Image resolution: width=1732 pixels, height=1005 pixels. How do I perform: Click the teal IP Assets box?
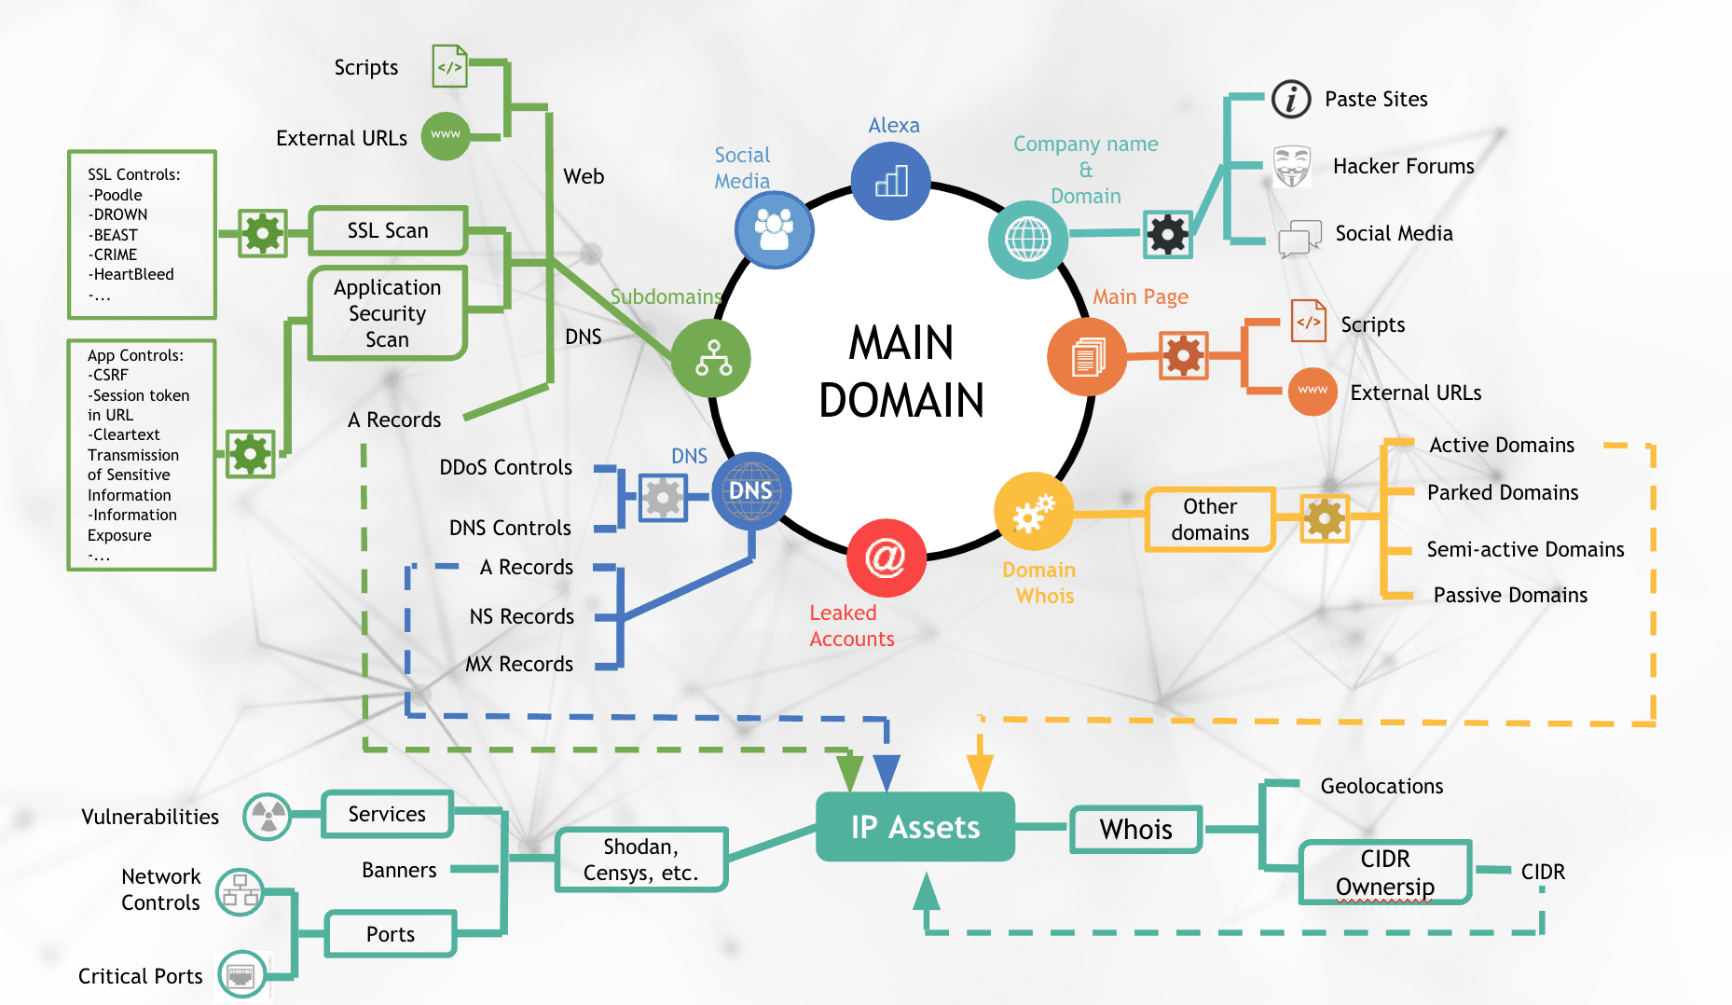pyautogui.click(x=914, y=827)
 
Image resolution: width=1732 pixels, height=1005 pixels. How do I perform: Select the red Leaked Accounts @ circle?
pyautogui.click(x=886, y=558)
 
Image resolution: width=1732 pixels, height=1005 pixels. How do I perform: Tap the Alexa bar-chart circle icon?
pyautogui.click(x=891, y=181)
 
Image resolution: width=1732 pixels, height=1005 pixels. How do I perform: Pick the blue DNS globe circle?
pyautogui.click(x=750, y=490)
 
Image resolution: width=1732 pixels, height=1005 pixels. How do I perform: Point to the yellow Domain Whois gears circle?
pyautogui.click(x=1033, y=512)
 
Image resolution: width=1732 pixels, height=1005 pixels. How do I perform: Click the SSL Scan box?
pyautogui.click(x=388, y=230)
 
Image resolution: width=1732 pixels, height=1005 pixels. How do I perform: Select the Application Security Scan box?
pyautogui.click(x=387, y=313)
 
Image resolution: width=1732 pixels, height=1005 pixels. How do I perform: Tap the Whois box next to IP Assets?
pyautogui.click(x=1135, y=829)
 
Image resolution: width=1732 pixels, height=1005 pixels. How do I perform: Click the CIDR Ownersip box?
pyautogui.click(x=1384, y=873)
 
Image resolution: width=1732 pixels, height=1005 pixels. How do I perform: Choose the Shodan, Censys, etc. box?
pyautogui.click(x=640, y=860)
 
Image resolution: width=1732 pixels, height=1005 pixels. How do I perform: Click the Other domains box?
pyautogui.click(x=1209, y=519)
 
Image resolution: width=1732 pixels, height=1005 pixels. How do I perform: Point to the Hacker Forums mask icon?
pyautogui.click(x=1292, y=166)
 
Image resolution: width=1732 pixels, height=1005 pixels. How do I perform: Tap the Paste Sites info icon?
pyautogui.click(x=1291, y=99)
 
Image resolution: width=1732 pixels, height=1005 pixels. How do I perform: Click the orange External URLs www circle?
pyautogui.click(x=1313, y=392)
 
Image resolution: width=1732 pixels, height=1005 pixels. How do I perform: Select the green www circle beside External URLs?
pyautogui.click(x=446, y=136)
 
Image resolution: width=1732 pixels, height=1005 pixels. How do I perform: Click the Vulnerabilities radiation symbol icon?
pyautogui.click(x=268, y=817)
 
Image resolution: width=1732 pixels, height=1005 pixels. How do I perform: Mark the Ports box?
pyautogui.click(x=390, y=934)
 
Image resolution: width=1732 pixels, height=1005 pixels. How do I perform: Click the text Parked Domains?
pyautogui.click(x=1502, y=492)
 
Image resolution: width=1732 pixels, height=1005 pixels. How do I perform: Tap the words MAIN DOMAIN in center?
pyautogui.click(x=900, y=371)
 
